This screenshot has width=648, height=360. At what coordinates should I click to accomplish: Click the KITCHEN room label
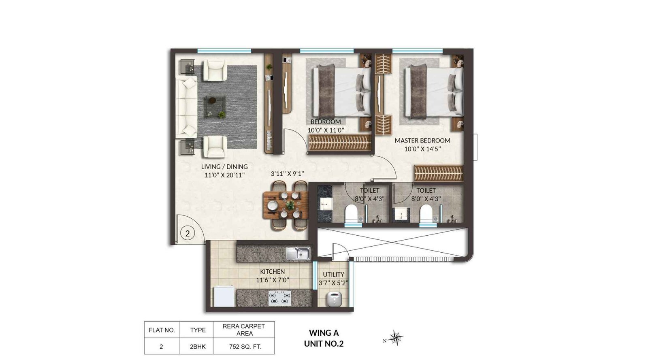[x=272, y=272]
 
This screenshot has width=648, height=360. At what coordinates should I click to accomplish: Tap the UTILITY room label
[x=333, y=275]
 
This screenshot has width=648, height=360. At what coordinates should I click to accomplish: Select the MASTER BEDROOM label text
[x=422, y=141]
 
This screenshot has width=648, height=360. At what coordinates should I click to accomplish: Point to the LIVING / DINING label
[x=224, y=166]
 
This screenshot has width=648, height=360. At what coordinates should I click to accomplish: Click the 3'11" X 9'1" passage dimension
[x=287, y=174]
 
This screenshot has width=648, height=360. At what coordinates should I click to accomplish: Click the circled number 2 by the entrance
[x=187, y=233]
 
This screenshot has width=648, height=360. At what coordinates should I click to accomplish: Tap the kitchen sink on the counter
[x=298, y=254]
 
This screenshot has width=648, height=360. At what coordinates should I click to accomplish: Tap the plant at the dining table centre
[x=290, y=205]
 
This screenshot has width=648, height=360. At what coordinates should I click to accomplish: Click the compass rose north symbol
[x=395, y=338]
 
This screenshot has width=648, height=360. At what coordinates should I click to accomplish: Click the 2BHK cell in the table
[x=198, y=347]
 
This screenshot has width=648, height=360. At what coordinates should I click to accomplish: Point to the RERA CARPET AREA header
[x=244, y=330]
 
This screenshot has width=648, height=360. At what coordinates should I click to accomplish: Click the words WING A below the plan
[x=324, y=333]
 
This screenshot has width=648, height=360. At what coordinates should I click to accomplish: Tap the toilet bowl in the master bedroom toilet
[x=426, y=213]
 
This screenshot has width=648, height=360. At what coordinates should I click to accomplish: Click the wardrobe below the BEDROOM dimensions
[x=339, y=143]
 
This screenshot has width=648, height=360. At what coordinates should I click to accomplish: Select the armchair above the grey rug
[x=213, y=70]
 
